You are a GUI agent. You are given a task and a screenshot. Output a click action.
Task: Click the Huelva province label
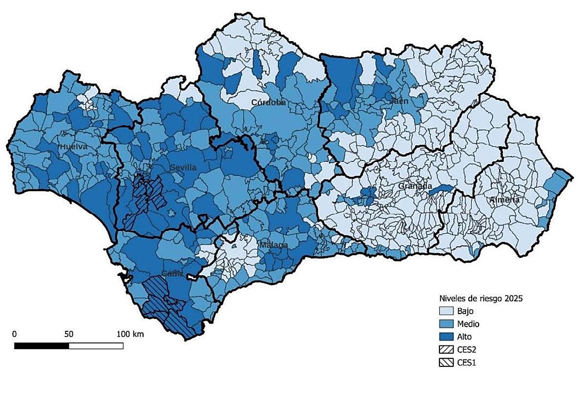(x=74, y=147)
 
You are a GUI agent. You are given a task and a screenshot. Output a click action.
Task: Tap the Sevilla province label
(x=183, y=167)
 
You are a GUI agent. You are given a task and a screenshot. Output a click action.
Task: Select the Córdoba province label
(x=269, y=102)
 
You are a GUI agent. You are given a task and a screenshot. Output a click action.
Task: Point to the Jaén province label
(x=398, y=101)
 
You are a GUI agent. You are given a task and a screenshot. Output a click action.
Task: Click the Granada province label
(x=415, y=186)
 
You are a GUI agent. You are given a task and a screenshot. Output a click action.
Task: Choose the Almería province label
(x=505, y=200)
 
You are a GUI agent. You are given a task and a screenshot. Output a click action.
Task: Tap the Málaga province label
(x=273, y=245)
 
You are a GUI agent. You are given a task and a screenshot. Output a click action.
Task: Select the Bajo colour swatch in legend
(x=445, y=311)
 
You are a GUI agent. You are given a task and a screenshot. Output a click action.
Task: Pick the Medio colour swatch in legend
(x=445, y=324)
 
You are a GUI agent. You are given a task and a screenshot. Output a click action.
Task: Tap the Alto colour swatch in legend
(x=445, y=337)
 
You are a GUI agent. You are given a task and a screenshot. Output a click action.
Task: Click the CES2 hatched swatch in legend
(x=445, y=350)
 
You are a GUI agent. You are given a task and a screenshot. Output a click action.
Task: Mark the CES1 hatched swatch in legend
(x=445, y=362)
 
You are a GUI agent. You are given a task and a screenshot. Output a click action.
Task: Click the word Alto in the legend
(x=465, y=337)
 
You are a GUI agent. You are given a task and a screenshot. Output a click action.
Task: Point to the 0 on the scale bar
(x=15, y=334)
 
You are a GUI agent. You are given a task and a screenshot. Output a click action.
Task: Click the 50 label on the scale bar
(x=69, y=334)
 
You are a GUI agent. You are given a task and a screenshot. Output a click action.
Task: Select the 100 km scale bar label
(x=130, y=334)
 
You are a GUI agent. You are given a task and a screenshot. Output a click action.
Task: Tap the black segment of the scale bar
(x=42, y=346)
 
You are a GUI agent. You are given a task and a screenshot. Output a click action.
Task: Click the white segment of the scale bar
(x=96, y=346)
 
